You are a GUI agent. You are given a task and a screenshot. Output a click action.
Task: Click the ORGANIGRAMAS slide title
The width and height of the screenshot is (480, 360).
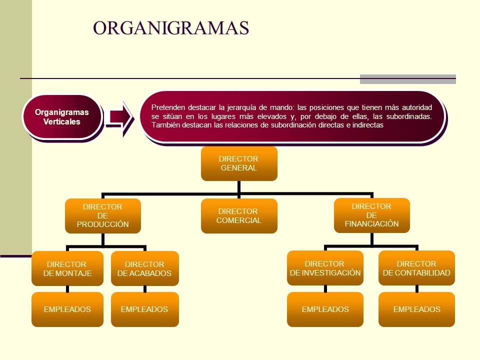pyautogui.click(x=171, y=28)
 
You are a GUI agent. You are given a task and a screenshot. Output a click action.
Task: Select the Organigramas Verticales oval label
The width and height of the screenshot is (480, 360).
pyautogui.click(x=62, y=117)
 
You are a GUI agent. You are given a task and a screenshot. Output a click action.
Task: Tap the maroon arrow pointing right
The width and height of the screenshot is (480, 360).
pyautogui.click(x=119, y=117)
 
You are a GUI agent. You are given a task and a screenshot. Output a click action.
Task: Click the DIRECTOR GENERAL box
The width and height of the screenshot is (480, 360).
pyautogui.click(x=239, y=163)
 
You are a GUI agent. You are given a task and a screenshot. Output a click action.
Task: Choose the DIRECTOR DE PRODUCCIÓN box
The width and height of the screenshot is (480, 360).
pyautogui.click(x=103, y=216)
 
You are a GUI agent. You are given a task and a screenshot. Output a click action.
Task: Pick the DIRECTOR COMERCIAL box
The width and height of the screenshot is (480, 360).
pyautogui.click(x=239, y=216)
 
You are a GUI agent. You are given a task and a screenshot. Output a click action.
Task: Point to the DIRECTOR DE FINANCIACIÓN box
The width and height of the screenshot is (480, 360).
pyautogui.click(x=371, y=215)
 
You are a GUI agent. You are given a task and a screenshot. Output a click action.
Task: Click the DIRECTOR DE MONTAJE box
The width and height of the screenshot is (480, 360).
pyautogui.click(x=67, y=268)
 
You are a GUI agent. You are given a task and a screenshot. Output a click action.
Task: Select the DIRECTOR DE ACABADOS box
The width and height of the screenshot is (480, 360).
pyautogui.click(x=145, y=268)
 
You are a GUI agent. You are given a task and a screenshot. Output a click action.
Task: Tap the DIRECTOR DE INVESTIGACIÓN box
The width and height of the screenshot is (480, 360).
pyautogui.click(x=325, y=268)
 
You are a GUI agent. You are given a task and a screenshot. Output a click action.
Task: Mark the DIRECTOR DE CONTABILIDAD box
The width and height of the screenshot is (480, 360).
pyautogui.click(x=416, y=268)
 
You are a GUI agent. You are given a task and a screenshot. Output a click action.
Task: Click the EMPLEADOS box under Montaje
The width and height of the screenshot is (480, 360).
pyautogui.click(x=67, y=309)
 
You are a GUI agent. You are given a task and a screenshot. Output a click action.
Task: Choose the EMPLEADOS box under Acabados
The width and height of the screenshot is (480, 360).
pyautogui.click(x=145, y=309)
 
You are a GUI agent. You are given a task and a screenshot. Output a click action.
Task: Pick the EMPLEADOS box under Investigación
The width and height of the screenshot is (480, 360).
pyautogui.click(x=325, y=309)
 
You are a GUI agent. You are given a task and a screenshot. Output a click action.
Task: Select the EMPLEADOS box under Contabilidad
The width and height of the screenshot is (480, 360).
pyautogui.click(x=416, y=309)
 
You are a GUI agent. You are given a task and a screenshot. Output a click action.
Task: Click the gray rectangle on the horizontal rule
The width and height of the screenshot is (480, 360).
pyautogui.click(x=408, y=79)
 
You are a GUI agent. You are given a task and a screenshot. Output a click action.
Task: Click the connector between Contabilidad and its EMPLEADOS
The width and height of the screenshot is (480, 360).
pyautogui.click(x=416, y=288)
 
